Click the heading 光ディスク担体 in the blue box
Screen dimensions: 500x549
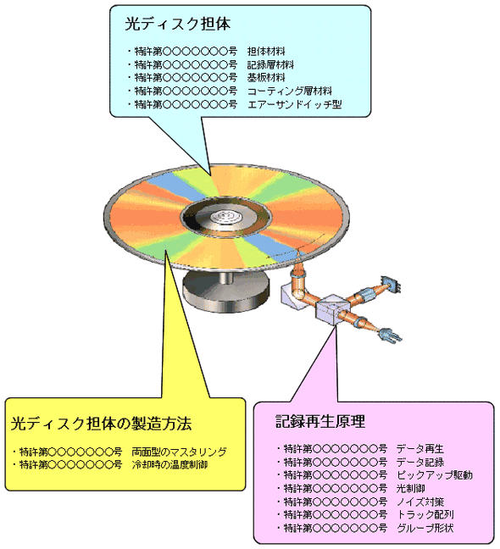[178, 25]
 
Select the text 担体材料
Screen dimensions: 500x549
[266, 52]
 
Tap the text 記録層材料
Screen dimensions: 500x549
[270, 64]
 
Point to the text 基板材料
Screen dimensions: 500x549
[266, 78]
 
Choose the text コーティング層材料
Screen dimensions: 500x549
[290, 91]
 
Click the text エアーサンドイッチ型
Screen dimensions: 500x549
[294, 104]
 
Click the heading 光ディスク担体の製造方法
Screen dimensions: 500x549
[101, 424]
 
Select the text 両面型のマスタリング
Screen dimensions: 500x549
[180, 452]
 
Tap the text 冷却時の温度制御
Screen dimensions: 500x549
[169, 465]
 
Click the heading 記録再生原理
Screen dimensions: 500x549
[320, 422]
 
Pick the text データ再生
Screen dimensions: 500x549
[420, 449]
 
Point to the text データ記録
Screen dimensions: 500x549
[420, 463]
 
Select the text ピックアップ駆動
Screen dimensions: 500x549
[435, 475]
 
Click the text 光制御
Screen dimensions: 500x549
[411, 489]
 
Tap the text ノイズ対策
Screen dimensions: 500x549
[420, 502]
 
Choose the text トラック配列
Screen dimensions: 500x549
[425, 515]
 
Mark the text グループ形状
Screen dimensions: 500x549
[425, 528]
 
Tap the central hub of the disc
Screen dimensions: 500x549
[226, 217]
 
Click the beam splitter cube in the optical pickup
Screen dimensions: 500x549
[331, 308]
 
